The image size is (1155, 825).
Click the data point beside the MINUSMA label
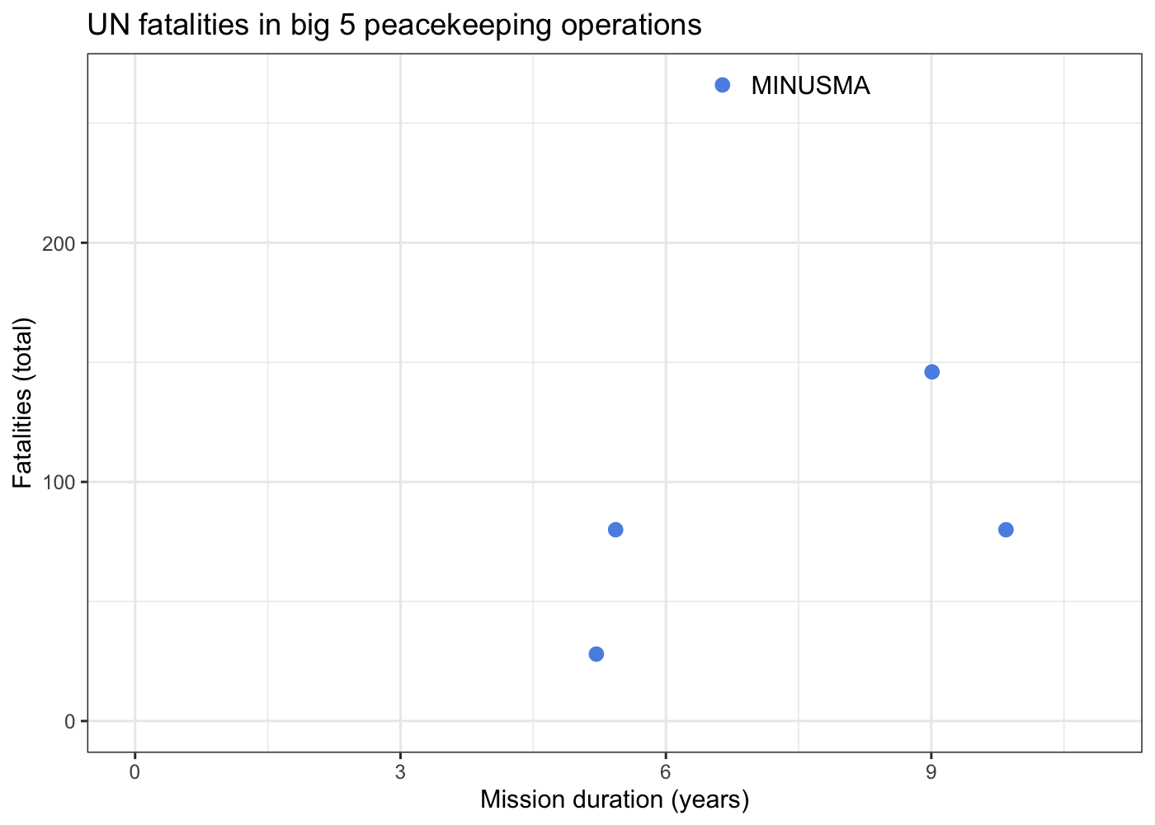click(x=722, y=85)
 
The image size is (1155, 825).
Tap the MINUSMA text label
click(x=810, y=86)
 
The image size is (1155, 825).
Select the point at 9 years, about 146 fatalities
click(x=931, y=372)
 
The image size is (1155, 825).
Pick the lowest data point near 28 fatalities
click(x=596, y=654)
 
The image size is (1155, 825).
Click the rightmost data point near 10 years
click(x=1006, y=530)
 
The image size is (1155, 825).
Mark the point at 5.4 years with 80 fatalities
click(x=615, y=530)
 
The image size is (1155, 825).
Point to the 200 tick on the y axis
click(x=64, y=243)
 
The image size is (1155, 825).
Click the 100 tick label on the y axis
click(x=64, y=483)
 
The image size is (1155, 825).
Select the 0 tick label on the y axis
click(x=71, y=722)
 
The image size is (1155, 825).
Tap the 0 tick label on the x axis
click(x=134, y=772)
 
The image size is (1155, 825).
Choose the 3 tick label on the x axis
click(x=400, y=772)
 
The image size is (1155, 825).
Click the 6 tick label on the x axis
click(x=666, y=772)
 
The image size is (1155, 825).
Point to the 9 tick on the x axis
click(x=931, y=772)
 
